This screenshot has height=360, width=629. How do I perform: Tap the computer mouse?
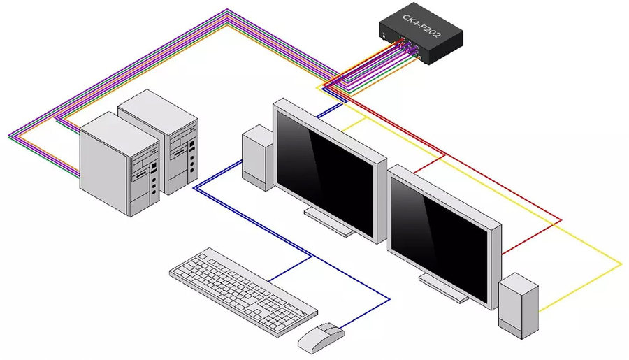(321, 337)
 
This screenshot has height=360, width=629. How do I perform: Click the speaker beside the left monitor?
(257, 157)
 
